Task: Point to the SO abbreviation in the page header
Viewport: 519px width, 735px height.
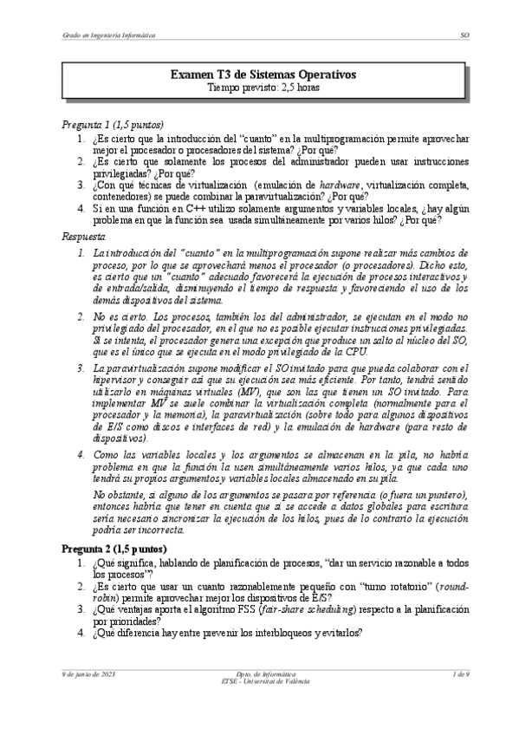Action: [464, 36]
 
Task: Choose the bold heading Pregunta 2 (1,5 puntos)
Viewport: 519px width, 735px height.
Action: [114, 550]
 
